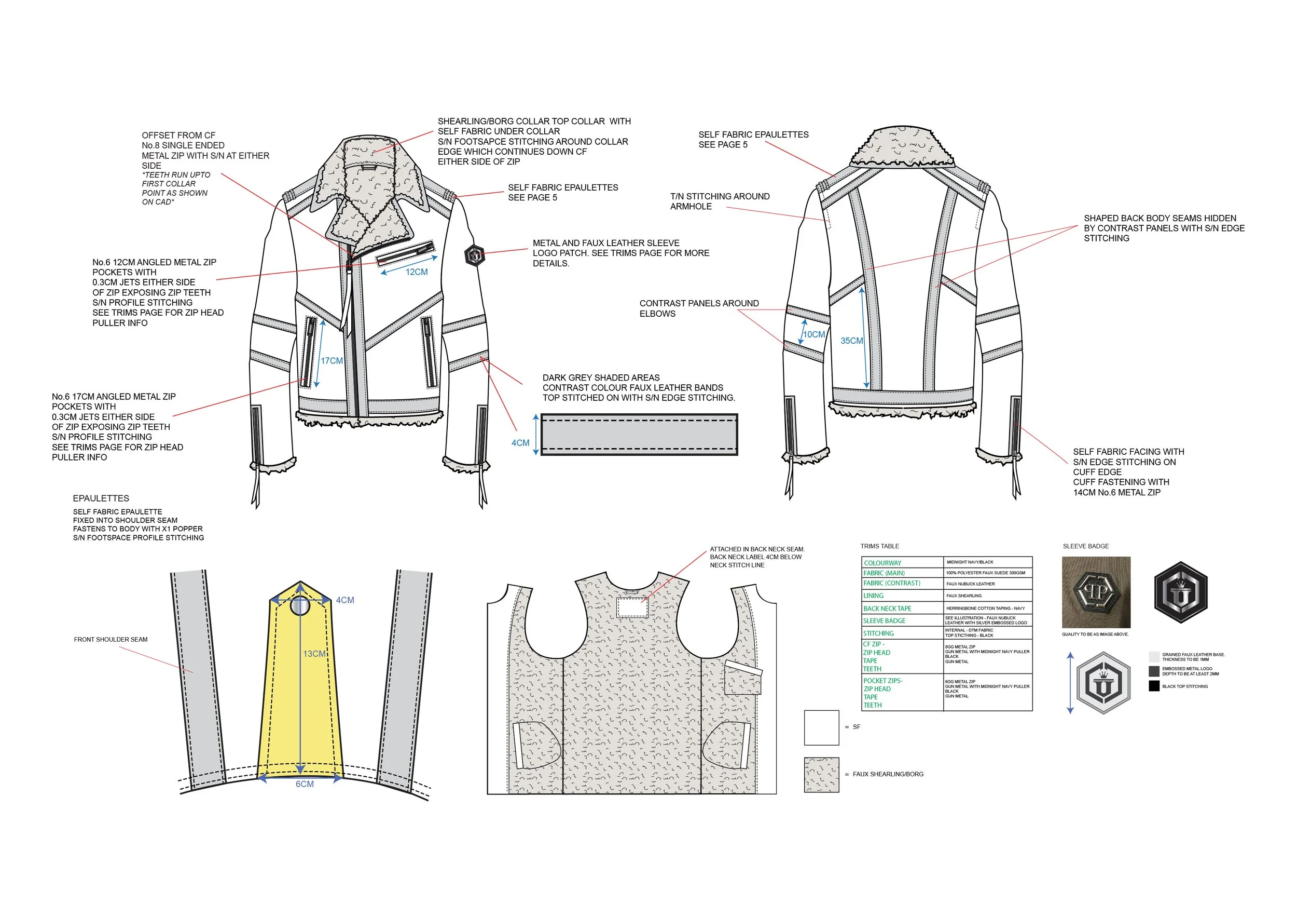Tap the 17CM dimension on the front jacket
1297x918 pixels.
pos(332,361)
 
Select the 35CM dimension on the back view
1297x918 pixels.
pos(851,341)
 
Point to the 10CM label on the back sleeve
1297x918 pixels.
pos(814,334)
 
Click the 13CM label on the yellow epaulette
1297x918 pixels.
pos(314,654)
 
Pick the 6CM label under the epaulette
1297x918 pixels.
pos(305,784)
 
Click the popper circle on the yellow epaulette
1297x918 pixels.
pos(300,606)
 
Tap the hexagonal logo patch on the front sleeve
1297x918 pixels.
pos(475,255)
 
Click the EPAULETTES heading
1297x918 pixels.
pos(101,498)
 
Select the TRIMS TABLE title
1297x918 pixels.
pos(879,546)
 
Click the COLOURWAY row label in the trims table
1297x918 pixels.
pos(882,563)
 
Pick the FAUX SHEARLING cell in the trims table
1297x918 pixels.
pos(964,596)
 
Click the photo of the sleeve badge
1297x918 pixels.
pos(1096,592)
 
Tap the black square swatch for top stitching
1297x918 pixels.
pos(1154,686)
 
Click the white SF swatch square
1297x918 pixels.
pos(821,727)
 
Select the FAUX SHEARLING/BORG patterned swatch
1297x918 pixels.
pos(821,774)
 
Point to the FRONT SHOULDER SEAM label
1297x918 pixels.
pos(111,639)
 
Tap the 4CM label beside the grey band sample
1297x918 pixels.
pos(520,442)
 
